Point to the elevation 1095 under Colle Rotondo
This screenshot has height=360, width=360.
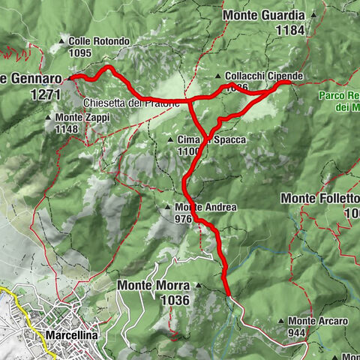pyautogui.click(x=79, y=53)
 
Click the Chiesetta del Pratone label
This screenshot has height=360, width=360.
pyautogui.click(x=132, y=103)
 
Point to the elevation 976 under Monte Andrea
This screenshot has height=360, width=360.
pyautogui.click(x=184, y=219)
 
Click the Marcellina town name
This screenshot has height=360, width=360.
pyautogui.click(x=71, y=335)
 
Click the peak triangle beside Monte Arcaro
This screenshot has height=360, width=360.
pyautogui.click(x=282, y=322)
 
